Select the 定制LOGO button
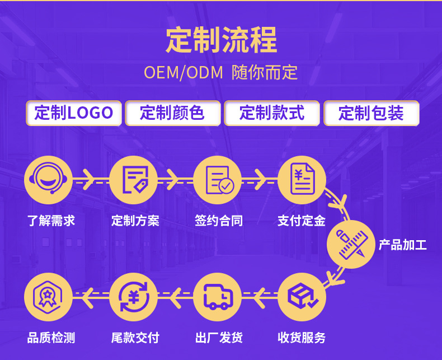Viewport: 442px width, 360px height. pyautogui.click(x=73, y=113)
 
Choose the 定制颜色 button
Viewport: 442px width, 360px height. pyautogui.click(x=172, y=113)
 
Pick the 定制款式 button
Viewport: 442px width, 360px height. pyautogui.click(x=272, y=113)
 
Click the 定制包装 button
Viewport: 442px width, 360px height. pyautogui.click(x=371, y=113)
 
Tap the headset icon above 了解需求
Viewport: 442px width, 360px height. pyautogui.click(x=49, y=180)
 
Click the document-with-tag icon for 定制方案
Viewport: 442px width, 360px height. pyautogui.click(x=133, y=180)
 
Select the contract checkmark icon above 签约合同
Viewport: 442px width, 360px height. pyautogui.click(x=218, y=180)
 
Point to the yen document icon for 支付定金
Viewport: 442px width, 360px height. pyautogui.click(x=302, y=180)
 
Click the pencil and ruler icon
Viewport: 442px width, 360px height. pyautogui.click(x=351, y=244)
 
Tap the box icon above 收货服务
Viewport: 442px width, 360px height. pyautogui.click(x=302, y=297)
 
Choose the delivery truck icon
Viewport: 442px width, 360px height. pyautogui.click(x=218, y=297)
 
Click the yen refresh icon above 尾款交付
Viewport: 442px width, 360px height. pyautogui.click(x=133, y=297)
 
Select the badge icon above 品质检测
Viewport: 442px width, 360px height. pyautogui.click(x=49, y=297)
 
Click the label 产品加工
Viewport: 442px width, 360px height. pyautogui.click(x=403, y=245)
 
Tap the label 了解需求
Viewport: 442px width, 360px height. pyautogui.click(x=51, y=221)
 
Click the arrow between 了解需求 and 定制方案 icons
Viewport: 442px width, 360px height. pyautogui.click(x=89, y=180)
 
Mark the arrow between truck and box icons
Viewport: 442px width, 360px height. pyautogui.click(x=258, y=297)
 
